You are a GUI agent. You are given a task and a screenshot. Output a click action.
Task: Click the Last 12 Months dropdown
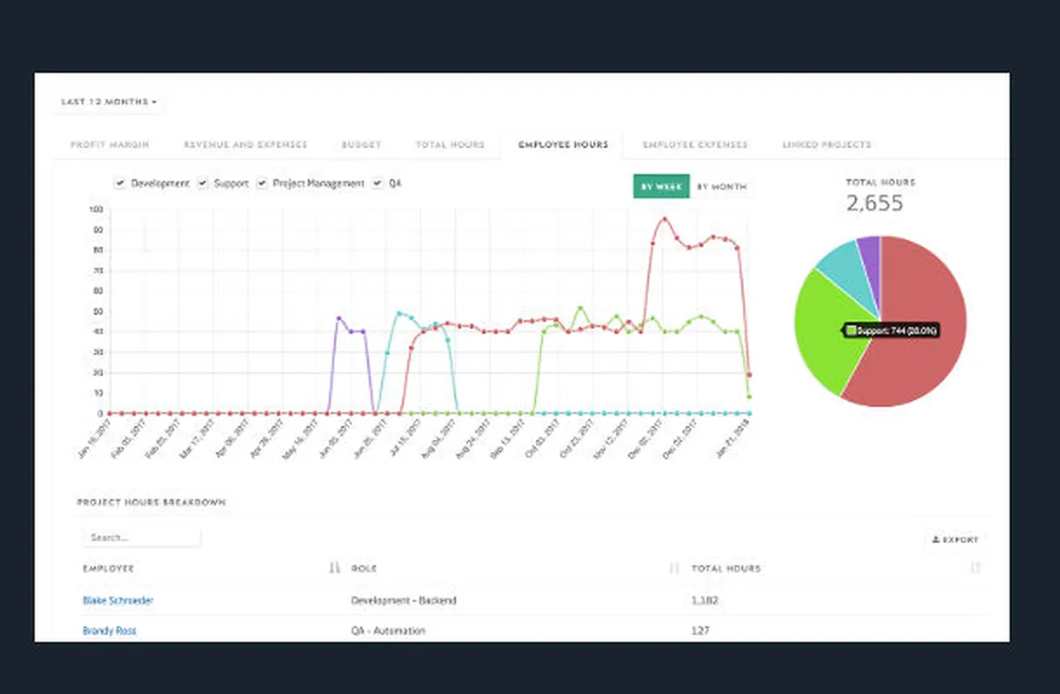pyautogui.click(x=109, y=102)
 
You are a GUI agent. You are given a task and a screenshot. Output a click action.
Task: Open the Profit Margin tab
pyautogui.click(x=110, y=145)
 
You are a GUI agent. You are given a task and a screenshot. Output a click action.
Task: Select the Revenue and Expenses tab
pyautogui.click(x=246, y=145)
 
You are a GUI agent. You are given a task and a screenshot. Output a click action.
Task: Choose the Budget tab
pyautogui.click(x=361, y=145)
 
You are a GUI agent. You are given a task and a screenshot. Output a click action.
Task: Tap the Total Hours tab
pyautogui.click(x=450, y=145)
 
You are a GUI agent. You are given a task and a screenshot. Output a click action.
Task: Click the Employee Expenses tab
pyautogui.click(x=695, y=145)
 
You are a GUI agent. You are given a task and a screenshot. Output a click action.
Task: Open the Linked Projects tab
pyautogui.click(x=827, y=145)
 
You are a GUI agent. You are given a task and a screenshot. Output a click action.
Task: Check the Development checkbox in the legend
pyautogui.click(x=120, y=184)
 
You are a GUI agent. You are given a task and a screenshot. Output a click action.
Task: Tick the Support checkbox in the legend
pyautogui.click(x=203, y=184)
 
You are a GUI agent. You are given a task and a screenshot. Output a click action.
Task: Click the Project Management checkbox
pyautogui.click(x=262, y=184)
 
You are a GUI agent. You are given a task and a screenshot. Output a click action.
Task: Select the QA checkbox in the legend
pyautogui.click(x=378, y=184)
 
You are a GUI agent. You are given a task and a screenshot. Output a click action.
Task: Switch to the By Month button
pyautogui.click(x=722, y=187)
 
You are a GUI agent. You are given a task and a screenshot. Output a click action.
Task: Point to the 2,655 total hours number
pyautogui.click(x=874, y=204)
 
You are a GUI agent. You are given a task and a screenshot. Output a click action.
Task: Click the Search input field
pyautogui.click(x=141, y=538)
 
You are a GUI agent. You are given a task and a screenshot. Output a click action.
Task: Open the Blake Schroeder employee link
pyautogui.click(x=117, y=600)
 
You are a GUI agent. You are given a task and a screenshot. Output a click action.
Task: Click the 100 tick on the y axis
pyautogui.click(x=96, y=210)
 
